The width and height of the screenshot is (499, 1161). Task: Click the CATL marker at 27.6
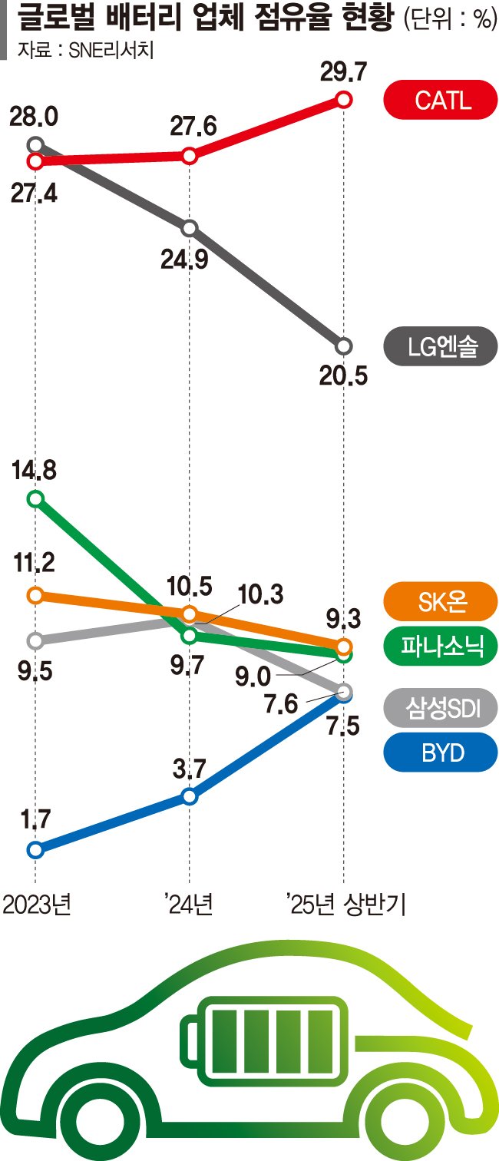coord(190,156)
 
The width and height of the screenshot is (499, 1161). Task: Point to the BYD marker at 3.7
coord(190,796)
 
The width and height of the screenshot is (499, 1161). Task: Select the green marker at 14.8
coord(35,499)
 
